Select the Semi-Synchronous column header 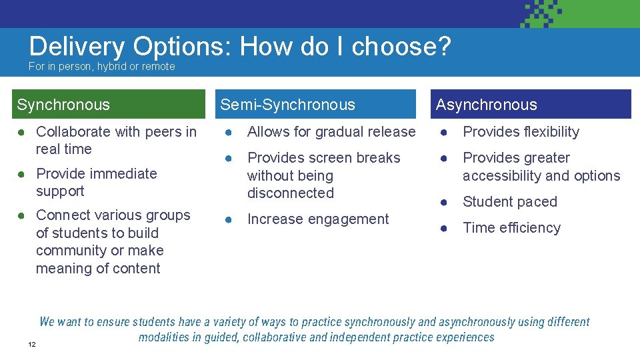[315, 105]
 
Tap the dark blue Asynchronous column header [531, 105]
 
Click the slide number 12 [31, 344]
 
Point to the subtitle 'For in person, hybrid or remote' [101, 67]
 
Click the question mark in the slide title [443, 47]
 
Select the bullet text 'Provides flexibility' [521, 132]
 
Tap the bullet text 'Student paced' [509, 202]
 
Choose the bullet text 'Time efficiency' [511, 228]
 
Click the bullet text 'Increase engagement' [317, 219]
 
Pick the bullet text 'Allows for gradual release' [331, 132]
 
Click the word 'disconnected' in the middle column [290, 193]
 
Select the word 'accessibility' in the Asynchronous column [501, 176]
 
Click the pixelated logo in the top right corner [541, 14]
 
